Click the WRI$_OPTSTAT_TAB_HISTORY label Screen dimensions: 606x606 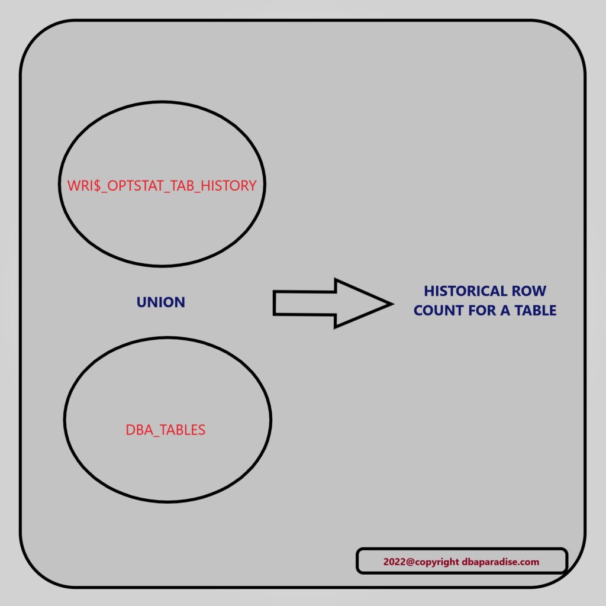click(162, 185)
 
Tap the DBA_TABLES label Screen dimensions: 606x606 click(166, 430)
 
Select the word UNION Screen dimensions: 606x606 click(161, 302)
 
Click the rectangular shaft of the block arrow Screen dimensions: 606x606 click(304, 303)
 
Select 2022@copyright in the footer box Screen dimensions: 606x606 click(421, 562)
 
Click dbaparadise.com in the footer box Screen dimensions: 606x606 click(501, 562)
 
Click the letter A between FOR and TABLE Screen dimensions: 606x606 click(505, 310)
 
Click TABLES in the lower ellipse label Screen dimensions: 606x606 click(182, 430)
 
